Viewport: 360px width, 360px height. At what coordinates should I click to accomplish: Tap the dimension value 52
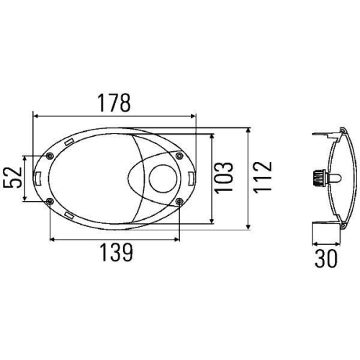tap(13, 177)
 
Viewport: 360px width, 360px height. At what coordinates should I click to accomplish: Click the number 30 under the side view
tap(325, 258)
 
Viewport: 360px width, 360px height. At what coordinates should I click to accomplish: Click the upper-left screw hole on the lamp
tap(48, 156)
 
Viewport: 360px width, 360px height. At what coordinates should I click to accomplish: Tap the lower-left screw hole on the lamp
tap(48, 201)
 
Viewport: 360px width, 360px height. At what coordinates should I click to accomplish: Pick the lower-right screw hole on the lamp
tap(179, 201)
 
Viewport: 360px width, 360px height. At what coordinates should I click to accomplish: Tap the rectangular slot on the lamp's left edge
tap(36, 178)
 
